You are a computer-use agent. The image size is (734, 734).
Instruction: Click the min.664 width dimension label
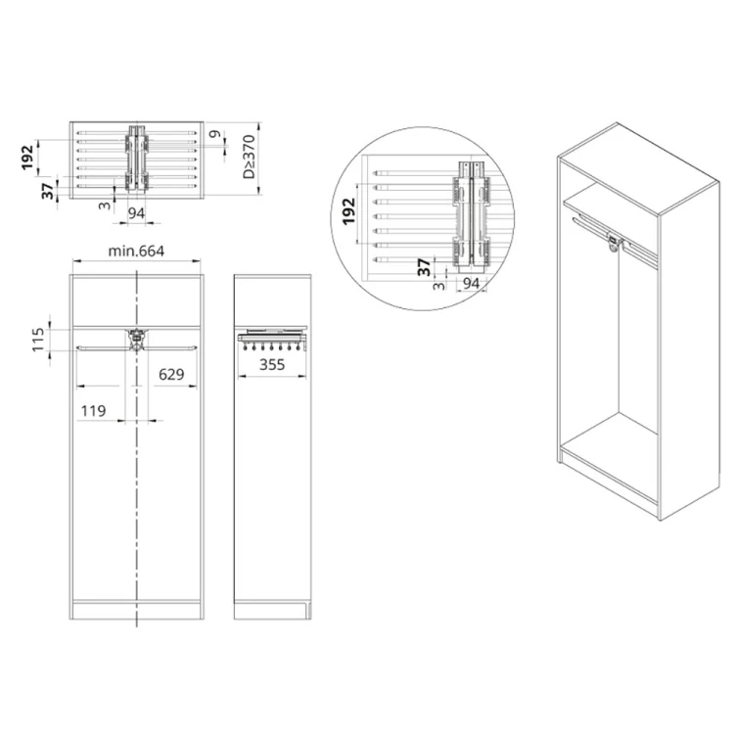point(136,252)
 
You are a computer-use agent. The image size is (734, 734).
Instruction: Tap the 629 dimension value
point(171,373)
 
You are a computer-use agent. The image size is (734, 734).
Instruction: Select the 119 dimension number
point(93,412)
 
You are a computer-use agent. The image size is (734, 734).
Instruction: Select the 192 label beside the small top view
point(28,155)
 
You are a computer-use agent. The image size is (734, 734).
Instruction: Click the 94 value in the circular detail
point(472,284)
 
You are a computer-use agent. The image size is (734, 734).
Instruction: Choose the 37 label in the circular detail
point(424,265)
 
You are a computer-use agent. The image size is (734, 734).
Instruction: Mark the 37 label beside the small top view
point(47,191)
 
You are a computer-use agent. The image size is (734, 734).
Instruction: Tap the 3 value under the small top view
point(101,206)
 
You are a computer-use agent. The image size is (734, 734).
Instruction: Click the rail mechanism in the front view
point(136,339)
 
